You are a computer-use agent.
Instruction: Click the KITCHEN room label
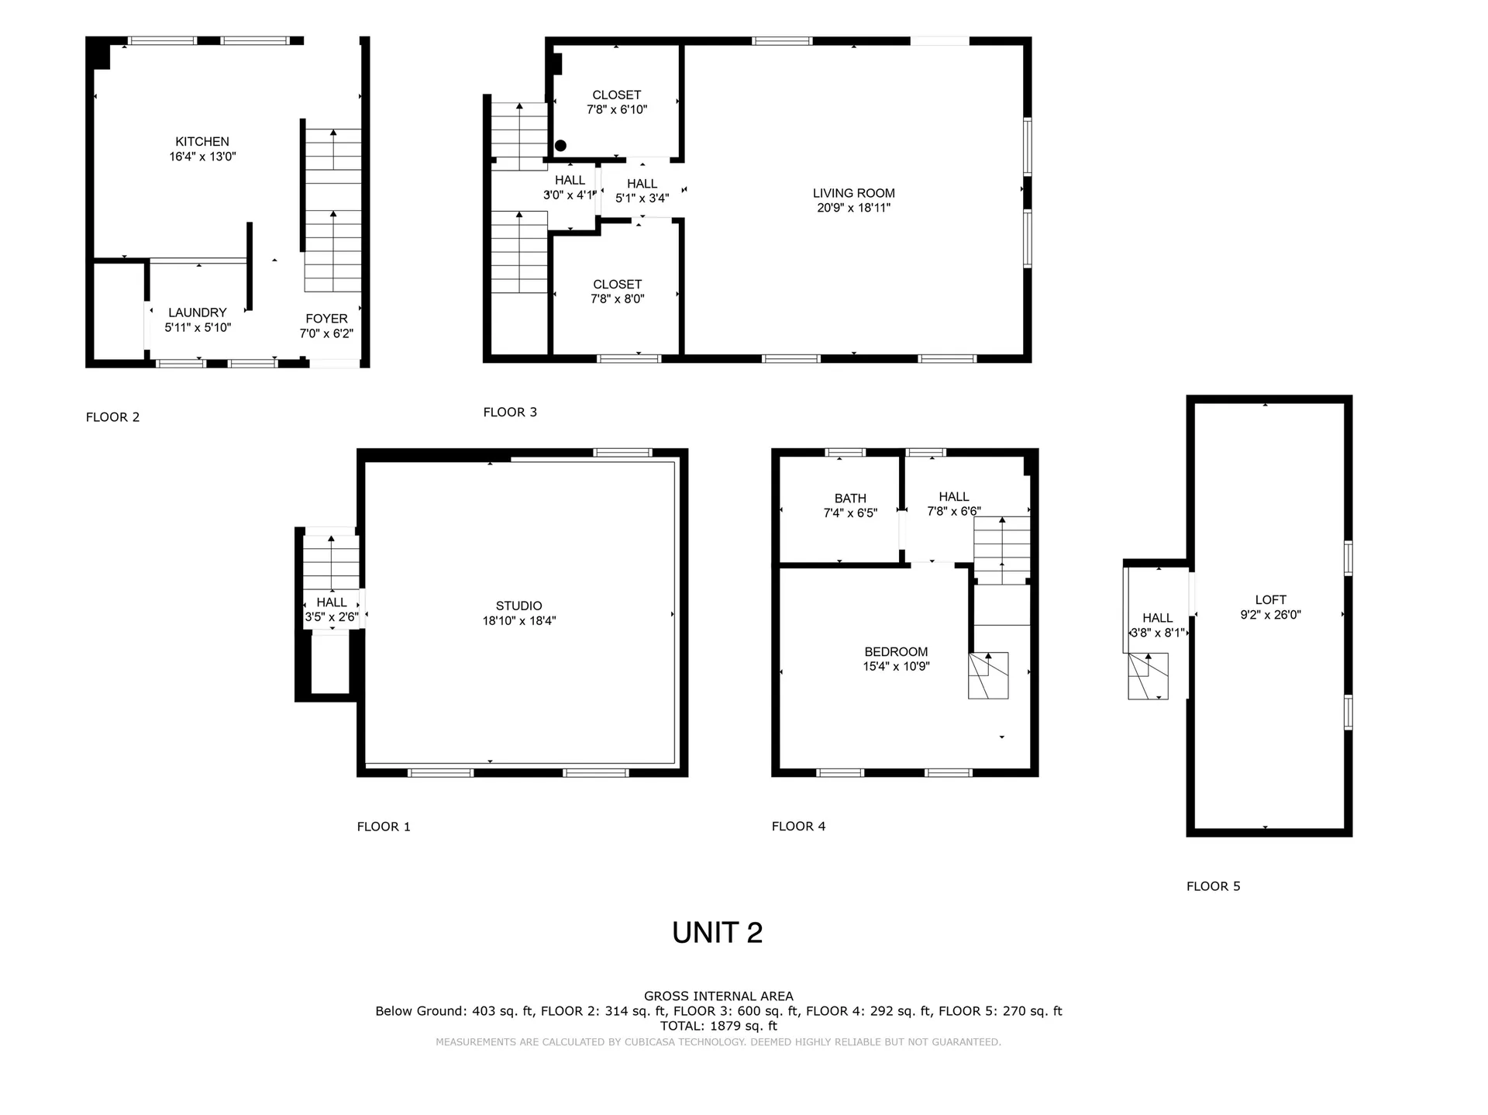(x=202, y=142)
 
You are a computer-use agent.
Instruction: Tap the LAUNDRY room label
(x=198, y=312)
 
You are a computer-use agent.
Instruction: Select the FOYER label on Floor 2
(x=326, y=319)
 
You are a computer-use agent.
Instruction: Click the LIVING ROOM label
(x=854, y=193)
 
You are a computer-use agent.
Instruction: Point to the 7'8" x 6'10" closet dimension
(x=617, y=110)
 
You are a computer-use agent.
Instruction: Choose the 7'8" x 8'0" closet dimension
(x=618, y=299)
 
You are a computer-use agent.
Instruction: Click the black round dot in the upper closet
(x=560, y=146)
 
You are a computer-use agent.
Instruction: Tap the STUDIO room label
(x=519, y=606)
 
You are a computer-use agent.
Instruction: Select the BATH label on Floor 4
(x=850, y=499)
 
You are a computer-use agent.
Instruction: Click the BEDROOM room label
(x=896, y=652)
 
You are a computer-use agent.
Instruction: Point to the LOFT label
(x=1270, y=600)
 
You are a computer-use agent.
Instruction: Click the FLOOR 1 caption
(x=384, y=827)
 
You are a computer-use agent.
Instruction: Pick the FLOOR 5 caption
(x=1214, y=886)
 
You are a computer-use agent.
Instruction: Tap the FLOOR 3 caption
(x=510, y=413)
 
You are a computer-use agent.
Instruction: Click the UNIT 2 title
(x=718, y=933)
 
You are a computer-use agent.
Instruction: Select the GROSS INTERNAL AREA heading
(x=718, y=996)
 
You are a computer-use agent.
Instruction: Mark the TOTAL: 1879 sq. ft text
(x=718, y=1026)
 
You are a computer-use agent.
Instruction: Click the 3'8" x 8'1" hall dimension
(x=1158, y=633)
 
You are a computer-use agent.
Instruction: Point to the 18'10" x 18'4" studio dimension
(x=519, y=621)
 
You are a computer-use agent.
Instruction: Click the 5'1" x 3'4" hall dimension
(x=642, y=198)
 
